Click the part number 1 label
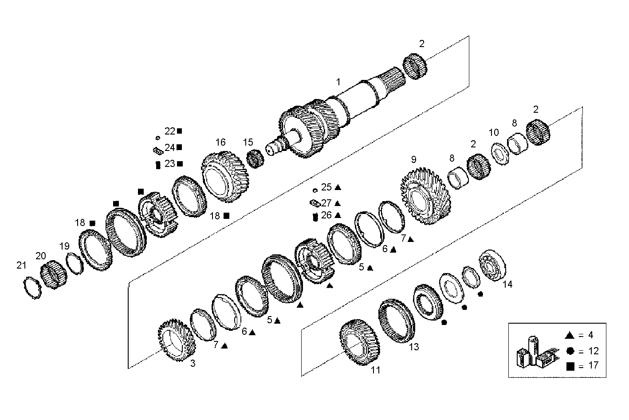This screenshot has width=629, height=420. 338,82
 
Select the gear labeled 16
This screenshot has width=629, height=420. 225,177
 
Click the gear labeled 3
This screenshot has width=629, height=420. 177,342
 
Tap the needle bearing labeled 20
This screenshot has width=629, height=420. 54,276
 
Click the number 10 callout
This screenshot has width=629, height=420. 494,132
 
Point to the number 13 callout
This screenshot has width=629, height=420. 413,347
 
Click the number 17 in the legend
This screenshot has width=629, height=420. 593,366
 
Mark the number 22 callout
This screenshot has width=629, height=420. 170,131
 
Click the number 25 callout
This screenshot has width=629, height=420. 326,187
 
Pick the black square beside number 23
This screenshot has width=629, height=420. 180,164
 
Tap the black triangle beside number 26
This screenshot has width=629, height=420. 338,215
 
